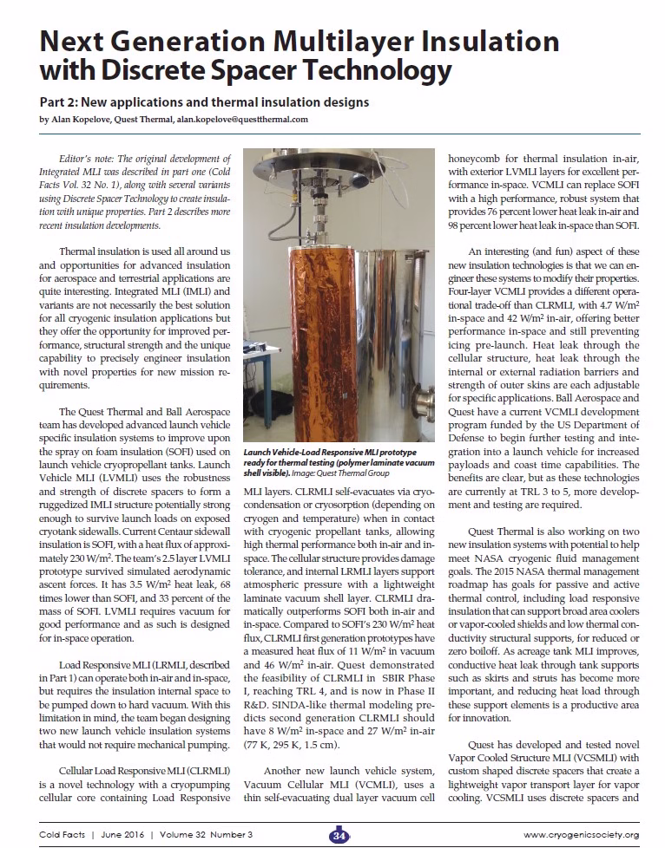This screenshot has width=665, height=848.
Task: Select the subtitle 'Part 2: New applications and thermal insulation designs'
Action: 204,102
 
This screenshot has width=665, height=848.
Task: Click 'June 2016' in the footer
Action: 121,835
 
